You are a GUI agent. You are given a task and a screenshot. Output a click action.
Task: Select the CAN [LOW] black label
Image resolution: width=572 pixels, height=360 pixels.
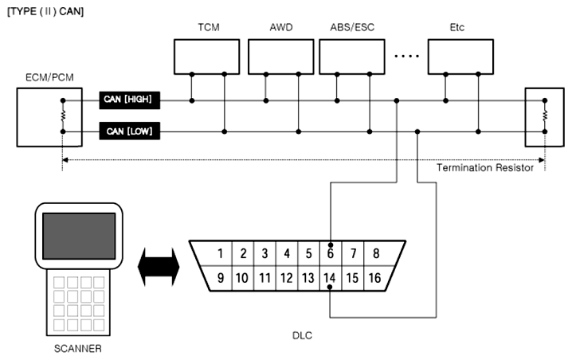click(130, 131)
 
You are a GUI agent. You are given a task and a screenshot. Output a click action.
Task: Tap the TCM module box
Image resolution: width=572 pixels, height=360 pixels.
click(208, 56)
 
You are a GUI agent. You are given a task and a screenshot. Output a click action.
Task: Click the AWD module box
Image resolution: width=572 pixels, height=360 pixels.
click(281, 56)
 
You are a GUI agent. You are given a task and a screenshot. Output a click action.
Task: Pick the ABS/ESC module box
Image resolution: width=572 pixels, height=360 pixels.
click(352, 56)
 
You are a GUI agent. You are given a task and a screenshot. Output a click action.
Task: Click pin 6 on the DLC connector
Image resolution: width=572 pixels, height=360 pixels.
click(330, 254)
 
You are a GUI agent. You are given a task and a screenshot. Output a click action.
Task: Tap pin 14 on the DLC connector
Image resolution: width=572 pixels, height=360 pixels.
click(330, 279)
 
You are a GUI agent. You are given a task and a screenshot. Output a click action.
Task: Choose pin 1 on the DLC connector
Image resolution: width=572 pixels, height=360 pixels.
click(221, 254)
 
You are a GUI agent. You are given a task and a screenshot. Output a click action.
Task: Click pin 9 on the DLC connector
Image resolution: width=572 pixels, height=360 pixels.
click(219, 279)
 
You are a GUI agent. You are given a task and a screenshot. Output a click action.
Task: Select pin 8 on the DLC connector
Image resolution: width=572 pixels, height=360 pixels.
click(375, 254)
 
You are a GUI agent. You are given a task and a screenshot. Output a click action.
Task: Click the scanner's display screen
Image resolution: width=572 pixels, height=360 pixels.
click(77, 237)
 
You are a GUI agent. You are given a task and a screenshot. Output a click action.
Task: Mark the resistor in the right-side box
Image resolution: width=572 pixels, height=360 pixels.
click(545, 115)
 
